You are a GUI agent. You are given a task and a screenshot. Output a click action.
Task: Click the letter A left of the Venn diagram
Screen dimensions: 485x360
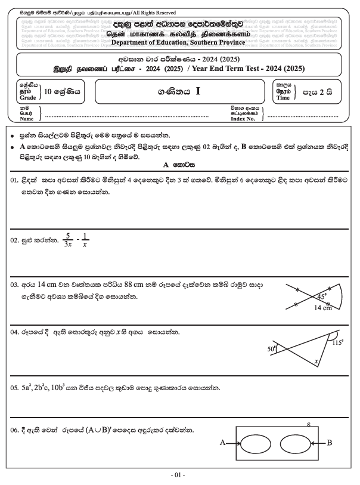pyautogui.click(x=224, y=443)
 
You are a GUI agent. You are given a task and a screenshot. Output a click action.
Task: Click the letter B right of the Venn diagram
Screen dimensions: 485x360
pyautogui.click(x=330, y=443)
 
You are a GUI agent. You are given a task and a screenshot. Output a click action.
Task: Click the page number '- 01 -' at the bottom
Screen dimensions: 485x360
pyautogui.click(x=179, y=475)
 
